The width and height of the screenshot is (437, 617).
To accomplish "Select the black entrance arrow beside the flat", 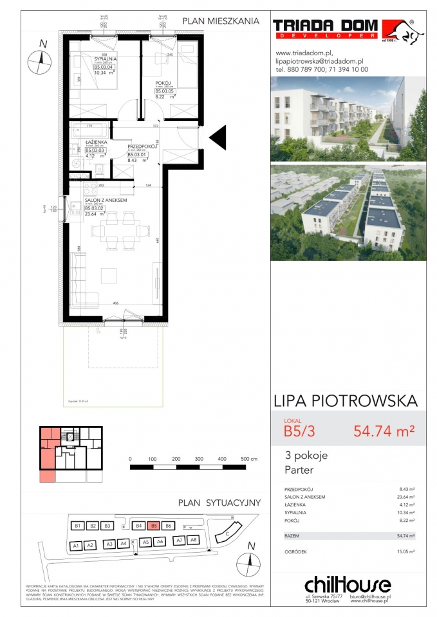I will pos(218,137).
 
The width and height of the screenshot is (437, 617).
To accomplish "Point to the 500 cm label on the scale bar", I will pos(248,460).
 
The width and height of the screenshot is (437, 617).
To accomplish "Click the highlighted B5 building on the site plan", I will pos(153,525).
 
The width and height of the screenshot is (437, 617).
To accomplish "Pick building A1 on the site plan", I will pos(75,546).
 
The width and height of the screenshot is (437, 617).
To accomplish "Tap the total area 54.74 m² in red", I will pos(384,431).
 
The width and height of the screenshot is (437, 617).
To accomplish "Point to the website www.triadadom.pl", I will pos(303,53).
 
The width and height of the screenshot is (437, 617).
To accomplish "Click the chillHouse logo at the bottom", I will pos(347,584).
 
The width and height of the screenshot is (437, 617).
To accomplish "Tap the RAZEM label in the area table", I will pos(292,535).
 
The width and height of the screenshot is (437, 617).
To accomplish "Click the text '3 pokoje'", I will pos(306,456).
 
